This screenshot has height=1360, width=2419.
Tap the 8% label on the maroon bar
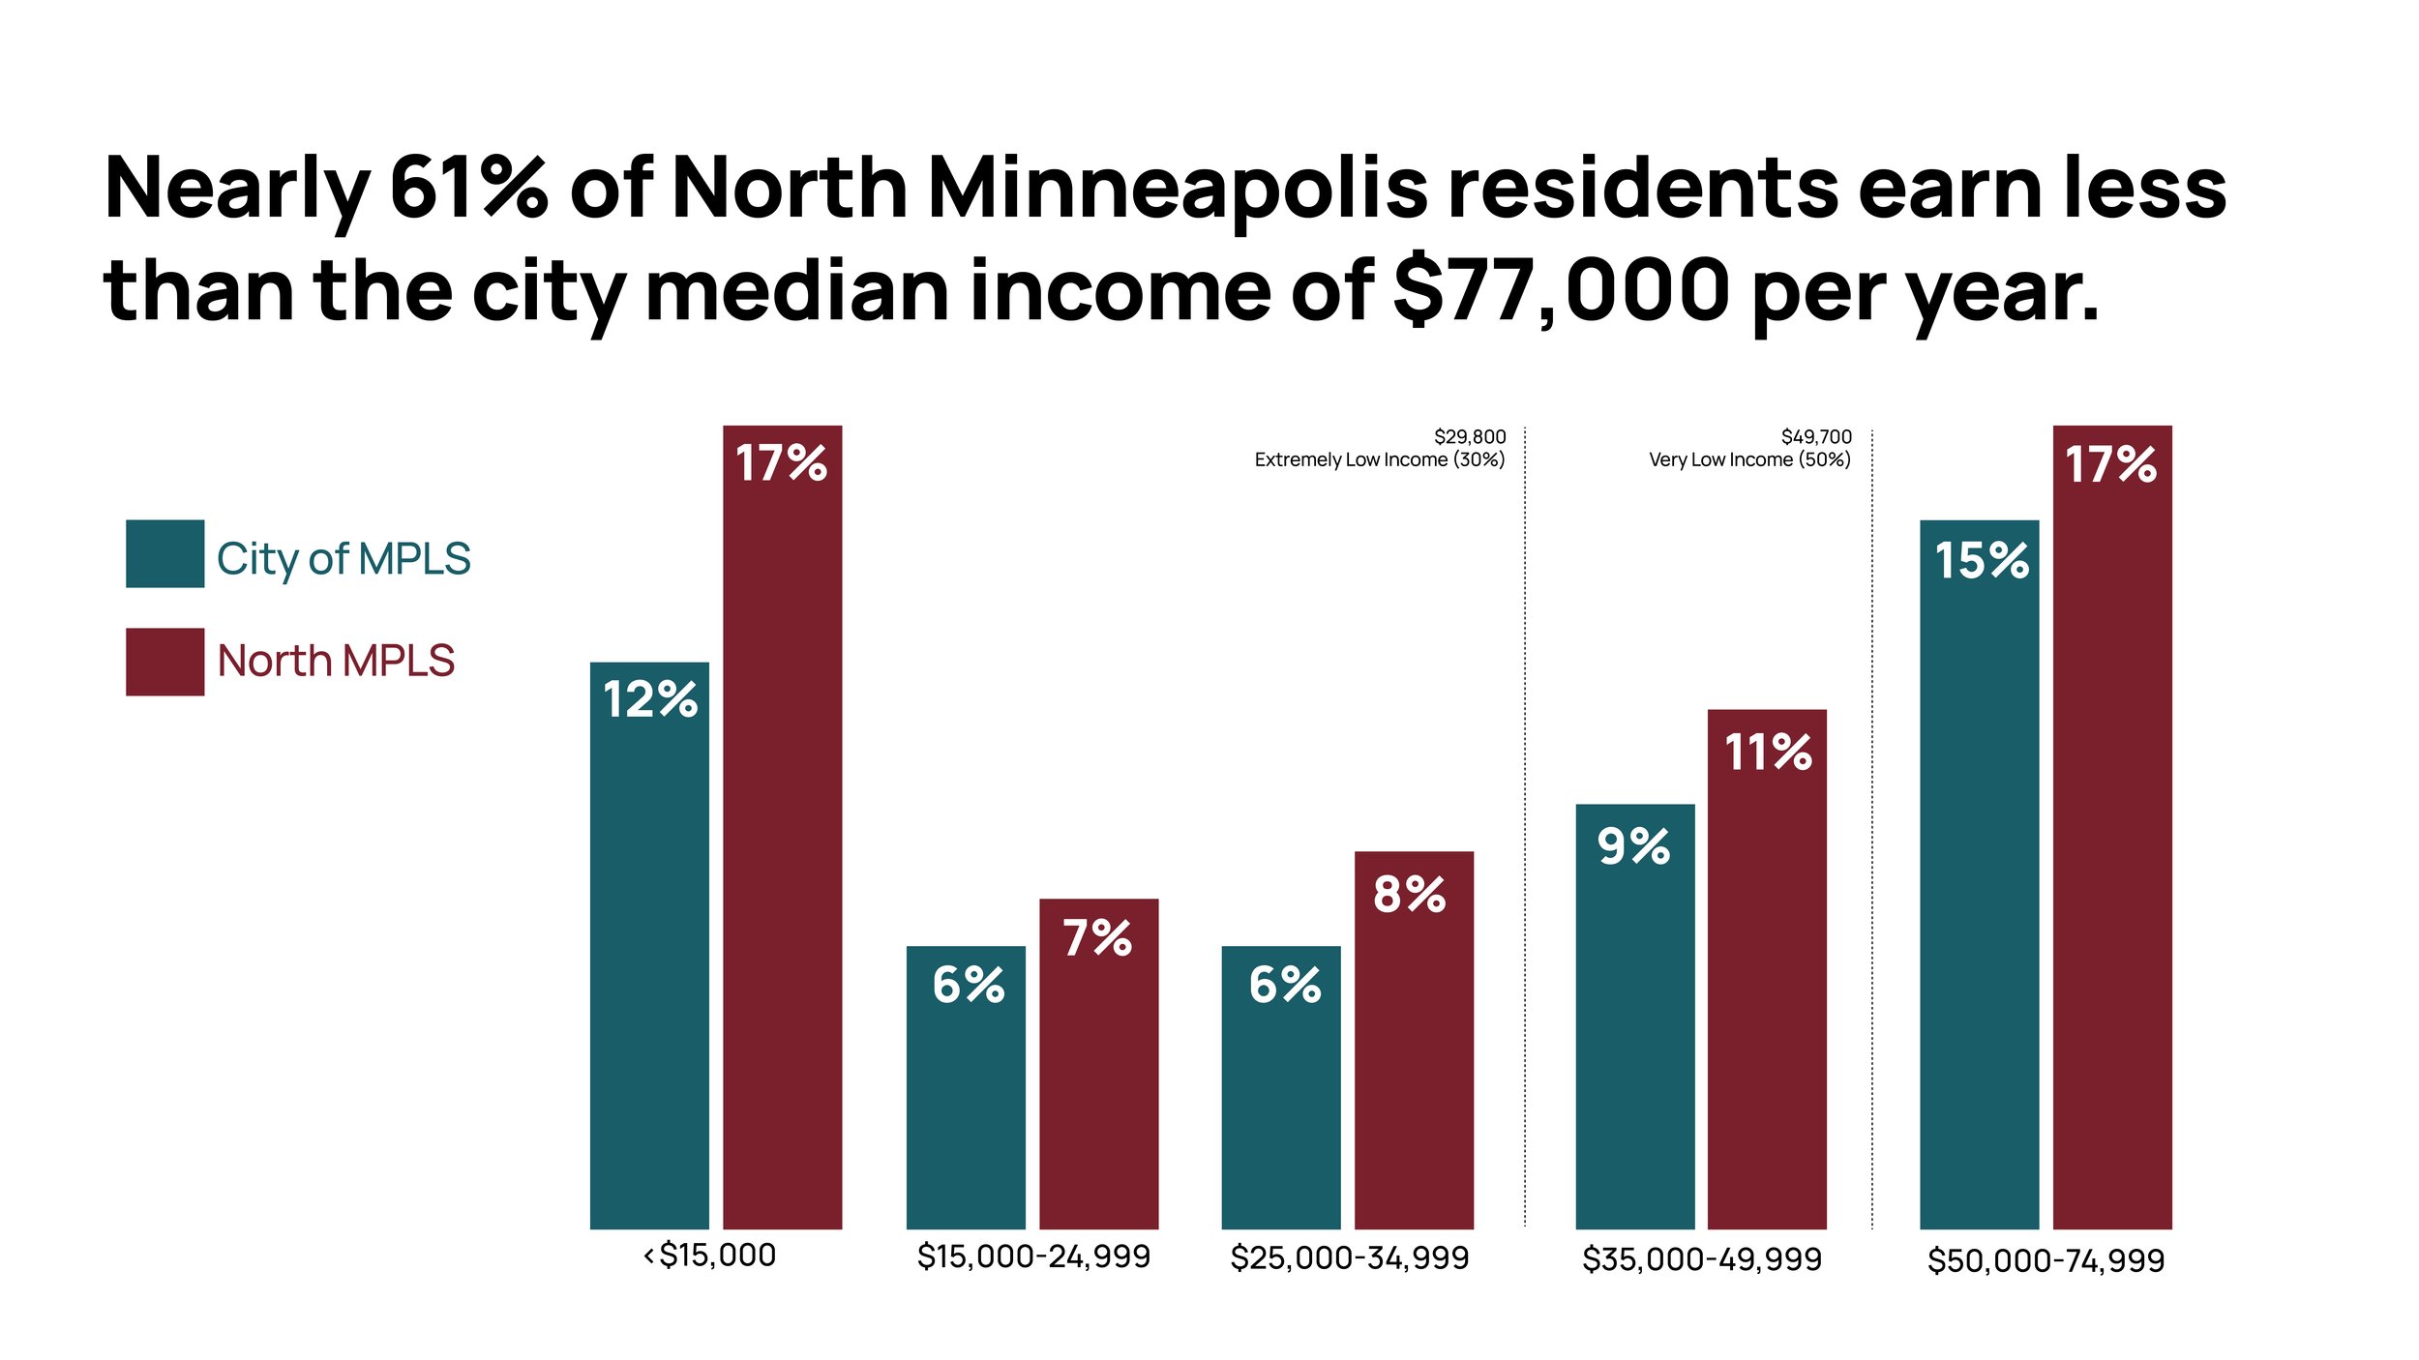coord(1409,895)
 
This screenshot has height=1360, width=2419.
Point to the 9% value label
coord(1633,846)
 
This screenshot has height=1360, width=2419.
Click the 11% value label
coord(1768,753)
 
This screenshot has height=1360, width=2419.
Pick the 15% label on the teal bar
coord(1981,561)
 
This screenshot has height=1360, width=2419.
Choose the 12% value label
coord(649,699)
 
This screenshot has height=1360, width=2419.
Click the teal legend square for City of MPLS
coord(164,554)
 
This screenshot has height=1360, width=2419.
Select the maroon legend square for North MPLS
coord(164,662)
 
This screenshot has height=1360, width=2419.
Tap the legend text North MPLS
coord(335,662)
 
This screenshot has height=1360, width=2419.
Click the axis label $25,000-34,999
coord(1349,1258)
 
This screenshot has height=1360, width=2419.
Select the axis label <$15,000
coord(710,1256)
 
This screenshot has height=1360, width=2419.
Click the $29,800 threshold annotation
coord(1469,437)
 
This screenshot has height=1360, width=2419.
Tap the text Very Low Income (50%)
coord(1749,460)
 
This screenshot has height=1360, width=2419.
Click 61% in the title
coord(468,188)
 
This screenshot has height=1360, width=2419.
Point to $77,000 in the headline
coord(1561,290)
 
